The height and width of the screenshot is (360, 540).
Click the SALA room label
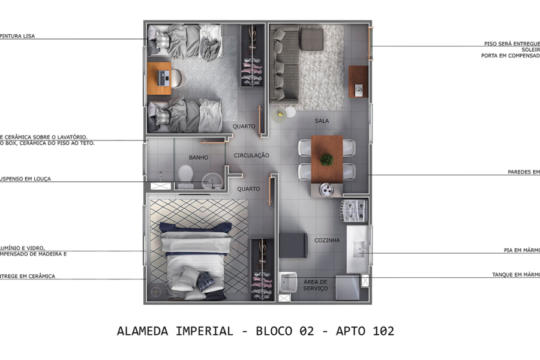pos(322,121)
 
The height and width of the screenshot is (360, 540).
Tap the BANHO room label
pos(199,158)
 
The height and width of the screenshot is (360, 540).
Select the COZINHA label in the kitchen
pos(327,241)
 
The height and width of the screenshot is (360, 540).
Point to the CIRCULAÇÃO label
pos(251,155)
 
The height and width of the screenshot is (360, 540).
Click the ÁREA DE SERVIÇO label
pos(315,285)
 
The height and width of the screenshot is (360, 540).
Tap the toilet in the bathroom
pos(185,175)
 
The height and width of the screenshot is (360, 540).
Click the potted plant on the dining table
pos(326,160)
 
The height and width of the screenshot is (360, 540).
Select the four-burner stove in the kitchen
pos(353,210)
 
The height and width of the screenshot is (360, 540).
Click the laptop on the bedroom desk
pos(163,77)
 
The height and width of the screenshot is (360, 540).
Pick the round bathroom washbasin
pos(211,179)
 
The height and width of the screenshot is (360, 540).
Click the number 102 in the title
pos(382,331)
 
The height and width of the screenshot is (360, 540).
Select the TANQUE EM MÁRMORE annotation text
pos(516,275)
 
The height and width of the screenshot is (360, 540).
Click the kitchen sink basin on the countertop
pos(361,247)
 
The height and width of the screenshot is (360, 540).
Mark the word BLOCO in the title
pos(275,331)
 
